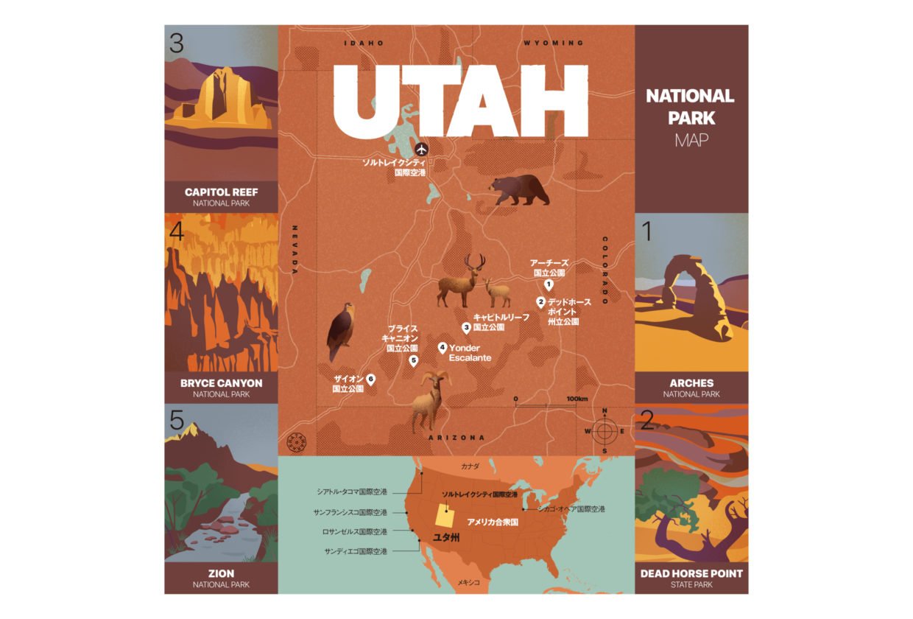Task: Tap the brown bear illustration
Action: coord(520,190)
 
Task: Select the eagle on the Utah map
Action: coord(340,332)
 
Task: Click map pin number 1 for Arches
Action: coord(549,284)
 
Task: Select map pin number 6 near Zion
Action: coord(370,379)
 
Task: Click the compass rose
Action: coord(604,430)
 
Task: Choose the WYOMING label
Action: coord(554,43)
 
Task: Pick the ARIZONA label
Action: coord(456,438)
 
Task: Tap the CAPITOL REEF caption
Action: coord(221,192)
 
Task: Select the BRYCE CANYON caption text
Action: coord(221,383)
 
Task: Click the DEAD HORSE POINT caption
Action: coord(691,573)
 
